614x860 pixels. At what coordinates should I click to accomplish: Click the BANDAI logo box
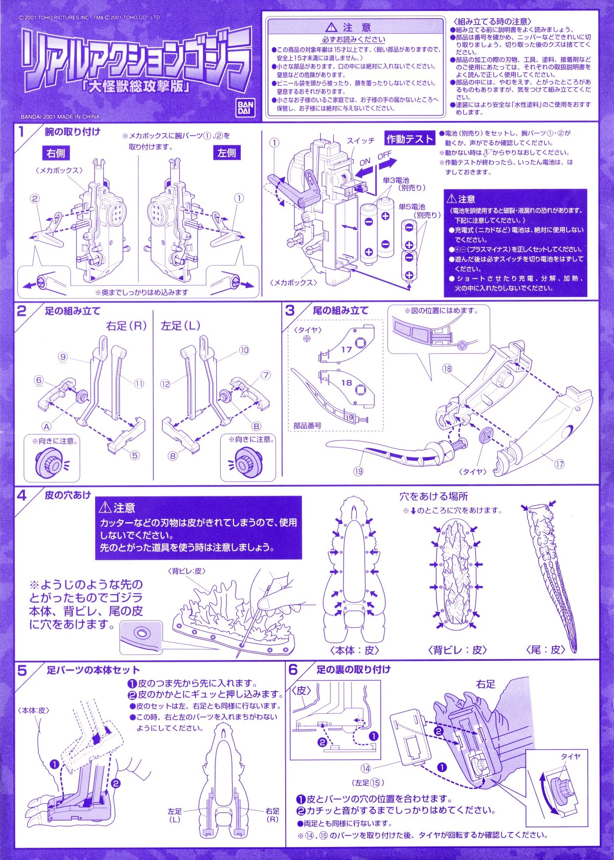[245, 108]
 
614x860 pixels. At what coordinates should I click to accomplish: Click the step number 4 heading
[22, 496]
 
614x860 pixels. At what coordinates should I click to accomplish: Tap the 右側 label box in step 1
[56, 153]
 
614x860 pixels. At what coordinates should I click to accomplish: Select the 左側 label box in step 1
[227, 153]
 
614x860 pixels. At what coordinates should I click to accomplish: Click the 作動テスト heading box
[409, 139]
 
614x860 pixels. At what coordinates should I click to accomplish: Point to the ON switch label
[365, 162]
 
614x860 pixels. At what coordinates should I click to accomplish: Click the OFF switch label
[385, 155]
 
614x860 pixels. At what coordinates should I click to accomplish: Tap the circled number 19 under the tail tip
[358, 471]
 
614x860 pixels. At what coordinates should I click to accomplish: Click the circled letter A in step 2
[46, 427]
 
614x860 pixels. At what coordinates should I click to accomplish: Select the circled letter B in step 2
[256, 426]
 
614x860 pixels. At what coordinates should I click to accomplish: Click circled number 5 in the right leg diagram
[135, 455]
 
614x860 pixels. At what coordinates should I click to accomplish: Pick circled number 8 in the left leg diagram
[172, 456]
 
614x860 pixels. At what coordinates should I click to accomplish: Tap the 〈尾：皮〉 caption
[546, 650]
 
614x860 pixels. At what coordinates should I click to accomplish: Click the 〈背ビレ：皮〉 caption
[457, 650]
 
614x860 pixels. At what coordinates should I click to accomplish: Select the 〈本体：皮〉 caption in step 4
[355, 650]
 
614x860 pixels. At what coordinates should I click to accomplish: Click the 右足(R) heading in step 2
[126, 326]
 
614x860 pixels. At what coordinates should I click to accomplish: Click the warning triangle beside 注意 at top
[332, 27]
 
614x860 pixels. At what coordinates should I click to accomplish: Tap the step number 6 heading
[293, 670]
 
